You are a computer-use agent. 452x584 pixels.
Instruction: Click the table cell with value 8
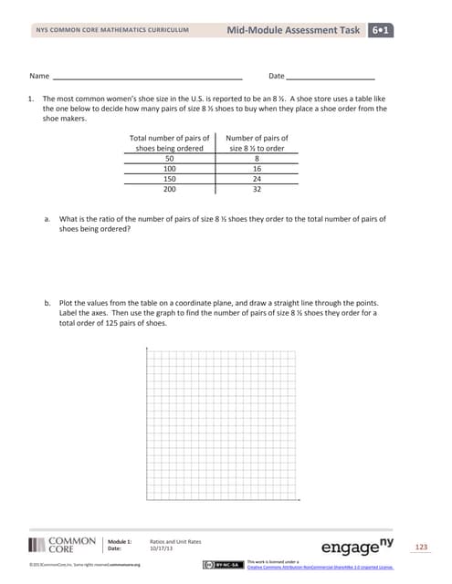tap(257, 158)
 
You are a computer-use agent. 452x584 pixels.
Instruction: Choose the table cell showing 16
tap(257, 169)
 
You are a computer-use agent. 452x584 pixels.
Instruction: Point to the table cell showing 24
tap(257, 179)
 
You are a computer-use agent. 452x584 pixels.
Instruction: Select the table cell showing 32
tap(257, 190)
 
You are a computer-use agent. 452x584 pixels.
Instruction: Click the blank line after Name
tap(146, 77)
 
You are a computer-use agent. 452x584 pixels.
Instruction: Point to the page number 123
tap(421, 547)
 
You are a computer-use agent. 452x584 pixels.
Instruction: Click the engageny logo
tap(363, 546)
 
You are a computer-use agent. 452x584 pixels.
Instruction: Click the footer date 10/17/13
tap(161, 548)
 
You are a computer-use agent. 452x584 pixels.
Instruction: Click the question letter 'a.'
tap(47, 220)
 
